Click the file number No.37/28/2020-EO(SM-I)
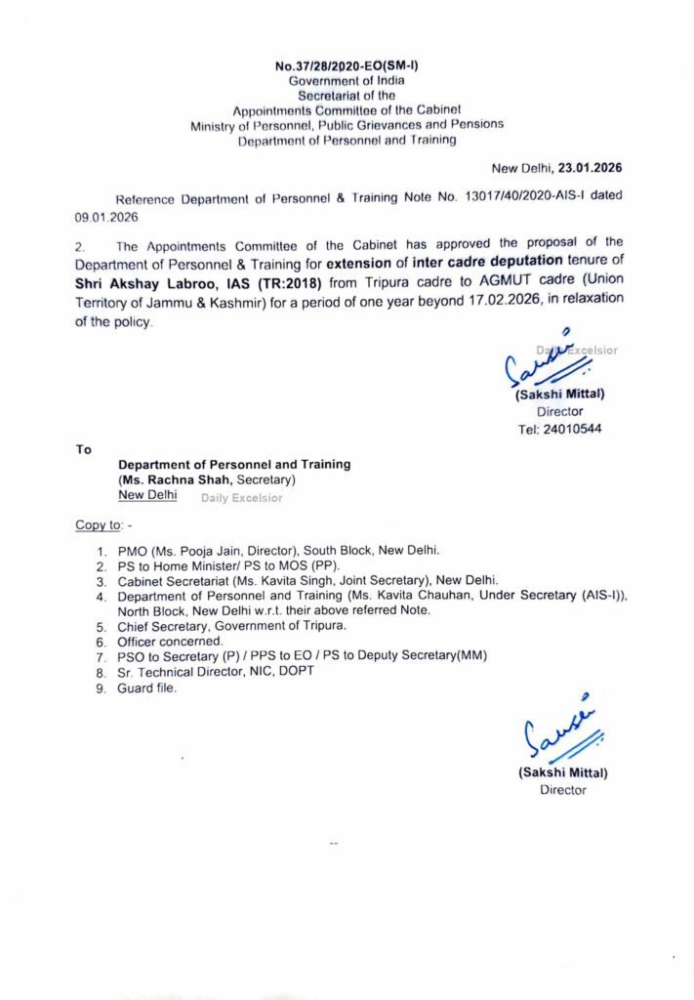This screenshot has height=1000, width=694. pos(347,66)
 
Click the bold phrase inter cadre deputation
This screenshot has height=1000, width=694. pos(486,260)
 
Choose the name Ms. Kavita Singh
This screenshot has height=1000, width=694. pos(263,580)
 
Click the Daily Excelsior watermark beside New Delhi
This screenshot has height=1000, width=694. pos(241,498)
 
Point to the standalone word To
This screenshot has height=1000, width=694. pos(83,449)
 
